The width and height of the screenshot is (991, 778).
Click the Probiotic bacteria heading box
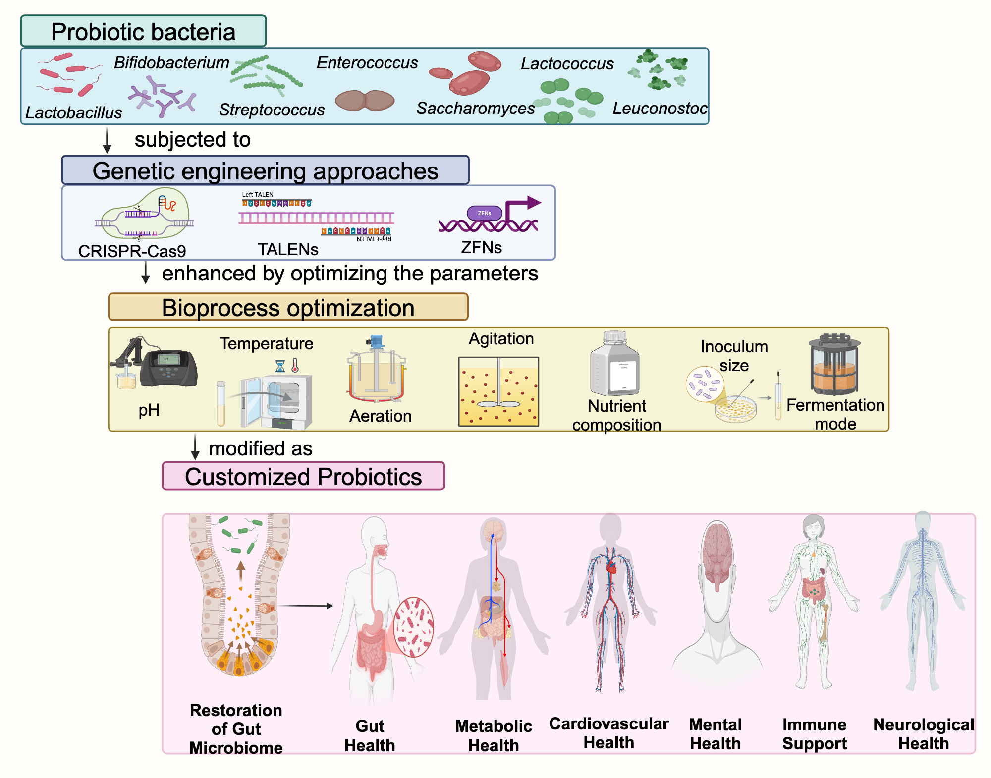point(143,31)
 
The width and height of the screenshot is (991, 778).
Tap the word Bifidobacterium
point(171,63)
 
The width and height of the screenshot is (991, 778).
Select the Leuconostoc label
point(660,108)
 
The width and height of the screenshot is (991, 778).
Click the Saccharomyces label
point(475,108)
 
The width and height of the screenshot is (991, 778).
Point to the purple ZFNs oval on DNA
point(484,213)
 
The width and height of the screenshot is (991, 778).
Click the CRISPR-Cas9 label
point(132,251)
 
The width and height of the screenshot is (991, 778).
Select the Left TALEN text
point(258,194)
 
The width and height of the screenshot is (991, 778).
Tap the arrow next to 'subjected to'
point(107,140)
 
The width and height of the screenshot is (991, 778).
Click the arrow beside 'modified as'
point(195,446)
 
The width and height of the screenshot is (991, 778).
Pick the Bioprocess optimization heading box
point(288,307)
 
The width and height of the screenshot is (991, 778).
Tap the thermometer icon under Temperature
point(295,366)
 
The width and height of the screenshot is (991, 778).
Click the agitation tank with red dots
point(498,391)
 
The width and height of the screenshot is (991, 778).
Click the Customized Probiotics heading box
point(303,476)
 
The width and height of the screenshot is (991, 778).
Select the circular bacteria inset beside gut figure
point(414,627)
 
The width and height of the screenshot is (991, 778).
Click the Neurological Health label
point(923,734)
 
